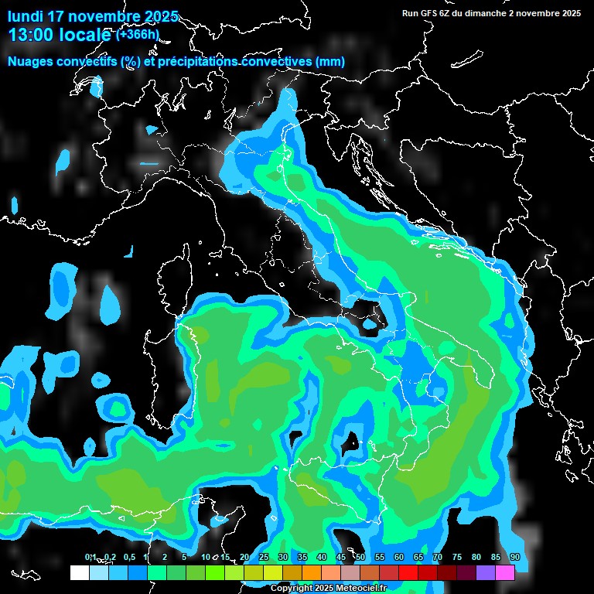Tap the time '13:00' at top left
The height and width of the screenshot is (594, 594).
click(32, 34)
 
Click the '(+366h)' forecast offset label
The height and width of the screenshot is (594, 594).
click(138, 34)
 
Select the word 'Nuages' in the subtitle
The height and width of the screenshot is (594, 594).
click(31, 62)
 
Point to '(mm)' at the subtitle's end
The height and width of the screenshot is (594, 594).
click(329, 62)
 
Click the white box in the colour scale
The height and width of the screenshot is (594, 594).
click(80, 573)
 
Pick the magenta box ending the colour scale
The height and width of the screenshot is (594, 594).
click(505, 573)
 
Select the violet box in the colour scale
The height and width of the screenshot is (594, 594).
click(486, 573)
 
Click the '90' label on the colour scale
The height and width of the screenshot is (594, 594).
click(514, 557)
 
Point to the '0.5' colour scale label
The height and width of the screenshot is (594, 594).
click(128, 557)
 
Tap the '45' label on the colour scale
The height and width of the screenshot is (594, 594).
click(341, 557)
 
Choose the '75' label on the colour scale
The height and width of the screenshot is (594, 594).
click(457, 557)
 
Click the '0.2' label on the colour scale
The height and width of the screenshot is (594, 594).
click(110, 557)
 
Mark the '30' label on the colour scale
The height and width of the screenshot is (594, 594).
click(283, 557)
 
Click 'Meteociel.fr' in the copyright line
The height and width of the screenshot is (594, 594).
click(367, 589)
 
